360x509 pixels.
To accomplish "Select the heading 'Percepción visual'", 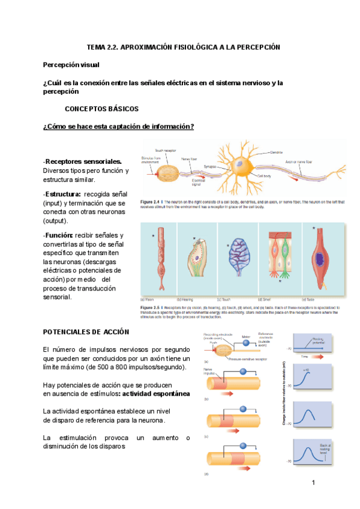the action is [71, 65].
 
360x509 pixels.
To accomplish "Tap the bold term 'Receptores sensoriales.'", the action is [83, 161].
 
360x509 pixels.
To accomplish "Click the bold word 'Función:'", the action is [59, 235].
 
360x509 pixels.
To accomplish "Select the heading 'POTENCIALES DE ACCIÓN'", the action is [86, 332].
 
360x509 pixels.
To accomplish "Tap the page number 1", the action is [313, 483].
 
